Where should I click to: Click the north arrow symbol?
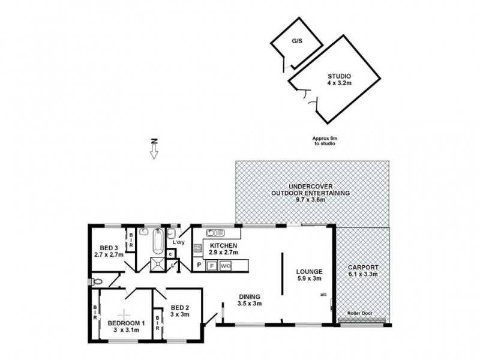[154, 149]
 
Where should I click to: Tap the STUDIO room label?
[338, 76]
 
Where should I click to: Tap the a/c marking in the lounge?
[323, 295]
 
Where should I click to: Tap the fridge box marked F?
[212, 266]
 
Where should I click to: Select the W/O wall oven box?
[226, 266]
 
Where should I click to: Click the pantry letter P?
[199, 265]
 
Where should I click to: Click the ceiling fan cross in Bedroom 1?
[124, 314]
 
